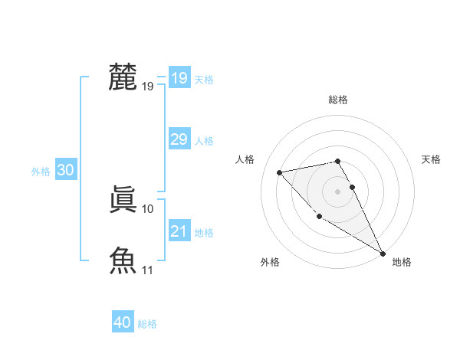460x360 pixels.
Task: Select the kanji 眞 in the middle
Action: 123,201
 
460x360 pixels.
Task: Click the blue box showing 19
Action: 179,78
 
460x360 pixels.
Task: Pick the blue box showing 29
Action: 179,139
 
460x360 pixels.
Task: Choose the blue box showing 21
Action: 179,231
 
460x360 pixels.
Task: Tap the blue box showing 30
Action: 65,171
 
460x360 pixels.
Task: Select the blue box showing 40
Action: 122,322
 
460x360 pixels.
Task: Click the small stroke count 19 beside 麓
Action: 148,87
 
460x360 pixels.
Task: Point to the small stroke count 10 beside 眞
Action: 148,208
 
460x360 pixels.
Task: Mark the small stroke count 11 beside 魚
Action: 148,270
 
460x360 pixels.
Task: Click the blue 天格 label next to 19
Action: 204,80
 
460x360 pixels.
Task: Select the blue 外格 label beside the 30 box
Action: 41,172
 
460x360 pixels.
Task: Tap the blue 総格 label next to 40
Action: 147,324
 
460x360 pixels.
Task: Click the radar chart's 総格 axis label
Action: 338,100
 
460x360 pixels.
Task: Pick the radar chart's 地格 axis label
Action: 402,262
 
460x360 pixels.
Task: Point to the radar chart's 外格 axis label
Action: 270,262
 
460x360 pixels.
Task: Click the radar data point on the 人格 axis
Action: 280,172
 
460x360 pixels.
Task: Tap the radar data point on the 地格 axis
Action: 383,253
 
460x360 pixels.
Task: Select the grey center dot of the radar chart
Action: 337,191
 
